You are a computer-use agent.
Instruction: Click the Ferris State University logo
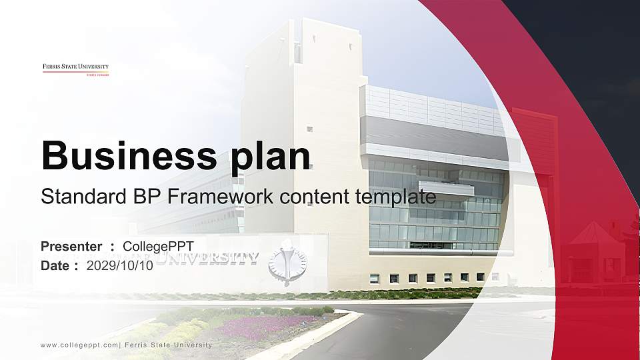point(75,69)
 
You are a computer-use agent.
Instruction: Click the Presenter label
point(71,247)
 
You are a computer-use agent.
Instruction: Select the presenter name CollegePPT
point(158,247)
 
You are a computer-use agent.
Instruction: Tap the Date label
point(56,265)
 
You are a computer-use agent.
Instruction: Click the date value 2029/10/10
point(120,265)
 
